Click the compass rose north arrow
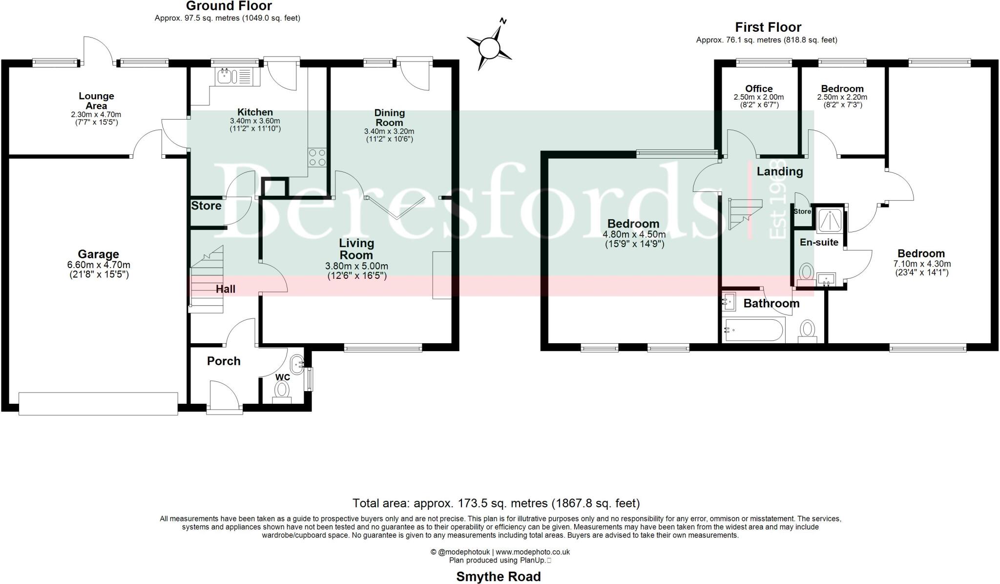tap(489, 48)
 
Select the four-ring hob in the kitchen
tap(317, 157)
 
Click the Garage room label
tap(99, 254)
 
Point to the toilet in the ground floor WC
tap(281, 390)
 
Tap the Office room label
tap(759, 88)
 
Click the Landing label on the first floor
tap(779, 171)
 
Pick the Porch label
tap(224, 361)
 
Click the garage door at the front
tap(98, 403)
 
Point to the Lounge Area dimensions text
tap(96, 118)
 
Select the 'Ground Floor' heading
tap(229, 6)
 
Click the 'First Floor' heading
tap(768, 27)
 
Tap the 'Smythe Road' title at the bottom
tap(498, 576)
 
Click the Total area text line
tap(496, 503)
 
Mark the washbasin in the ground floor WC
tap(297, 363)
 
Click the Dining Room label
tap(389, 118)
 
